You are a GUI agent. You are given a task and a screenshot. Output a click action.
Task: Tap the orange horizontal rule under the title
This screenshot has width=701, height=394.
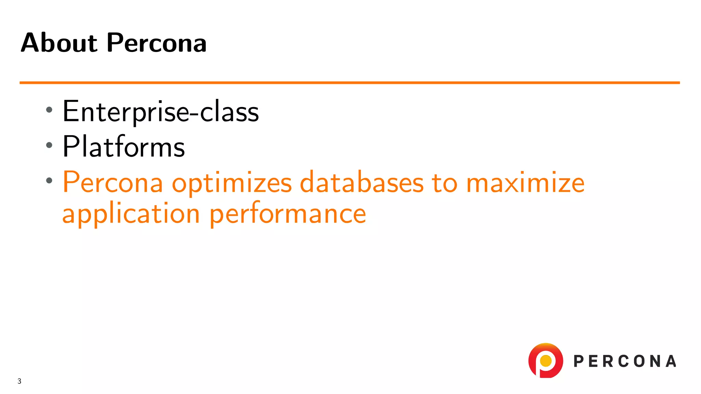tap(349, 82)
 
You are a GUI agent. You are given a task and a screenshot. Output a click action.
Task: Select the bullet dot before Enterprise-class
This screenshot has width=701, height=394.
tap(49, 110)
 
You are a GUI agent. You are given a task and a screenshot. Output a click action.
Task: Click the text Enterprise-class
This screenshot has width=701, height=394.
tap(160, 111)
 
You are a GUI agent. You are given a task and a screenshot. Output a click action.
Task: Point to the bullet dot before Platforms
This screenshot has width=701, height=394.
tap(49, 145)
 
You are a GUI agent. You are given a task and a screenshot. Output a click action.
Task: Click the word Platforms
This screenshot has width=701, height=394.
tap(124, 147)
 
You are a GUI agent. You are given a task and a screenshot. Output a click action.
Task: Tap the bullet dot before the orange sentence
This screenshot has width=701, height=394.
tap(49, 180)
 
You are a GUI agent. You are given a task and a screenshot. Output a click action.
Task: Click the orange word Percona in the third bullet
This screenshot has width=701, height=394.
tap(113, 182)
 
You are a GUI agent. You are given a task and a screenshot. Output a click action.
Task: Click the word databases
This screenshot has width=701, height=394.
tap(361, 182)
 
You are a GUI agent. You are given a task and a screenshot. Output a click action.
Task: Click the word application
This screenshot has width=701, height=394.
tap(131, 214)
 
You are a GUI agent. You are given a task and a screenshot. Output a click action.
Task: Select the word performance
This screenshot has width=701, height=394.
tap(288, 214)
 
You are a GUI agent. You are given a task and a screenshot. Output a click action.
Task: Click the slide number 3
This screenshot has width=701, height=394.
tap(20, 381)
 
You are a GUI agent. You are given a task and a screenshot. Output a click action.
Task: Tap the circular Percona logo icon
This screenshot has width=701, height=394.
tap(546, 360)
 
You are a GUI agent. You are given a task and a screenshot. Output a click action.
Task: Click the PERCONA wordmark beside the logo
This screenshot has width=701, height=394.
tap(625, 361)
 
